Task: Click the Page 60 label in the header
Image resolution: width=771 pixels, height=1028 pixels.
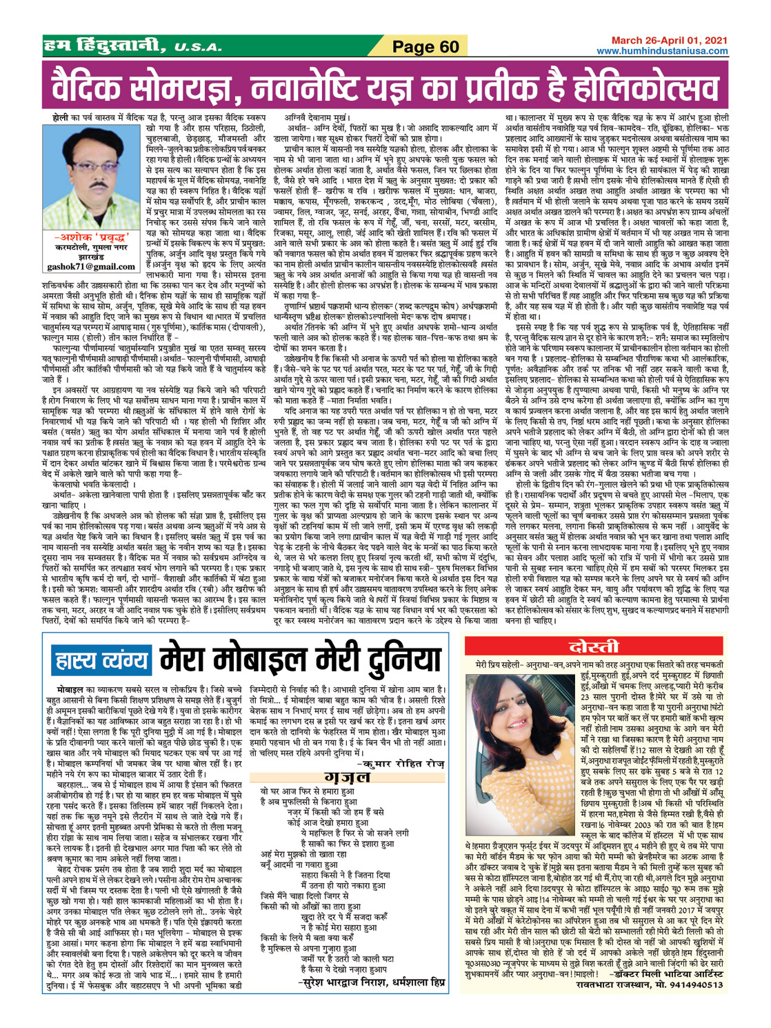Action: point(425,47)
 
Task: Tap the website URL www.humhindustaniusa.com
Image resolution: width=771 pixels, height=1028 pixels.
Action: point(662,51)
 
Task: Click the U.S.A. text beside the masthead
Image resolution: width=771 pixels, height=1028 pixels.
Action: point(198,48)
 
